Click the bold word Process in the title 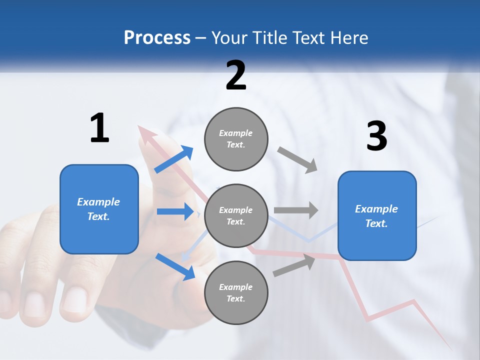pyautogui.click(x=157, y=37)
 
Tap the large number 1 pyautogui.click(x=99, y=128)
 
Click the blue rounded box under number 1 pyautogui.click(x=99, y=209)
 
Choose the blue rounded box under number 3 pyautogui.click(x=377, y=216)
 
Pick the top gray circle pyautogui.click(x=236, y=139)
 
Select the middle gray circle pyautogui.click(x=236, y=215)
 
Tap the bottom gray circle pyautogui.click(x=236, y=292)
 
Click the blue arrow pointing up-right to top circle pyautogui.click(x=174, y=159)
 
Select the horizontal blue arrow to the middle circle pyautogui.click(x=175, y=211)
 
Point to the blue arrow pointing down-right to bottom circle pyautogui.click(x=175, y=266)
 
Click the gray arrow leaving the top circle pyautogui.click(x=297, y=160)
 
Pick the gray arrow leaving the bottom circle pyautogui.click(x=294, y=265)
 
